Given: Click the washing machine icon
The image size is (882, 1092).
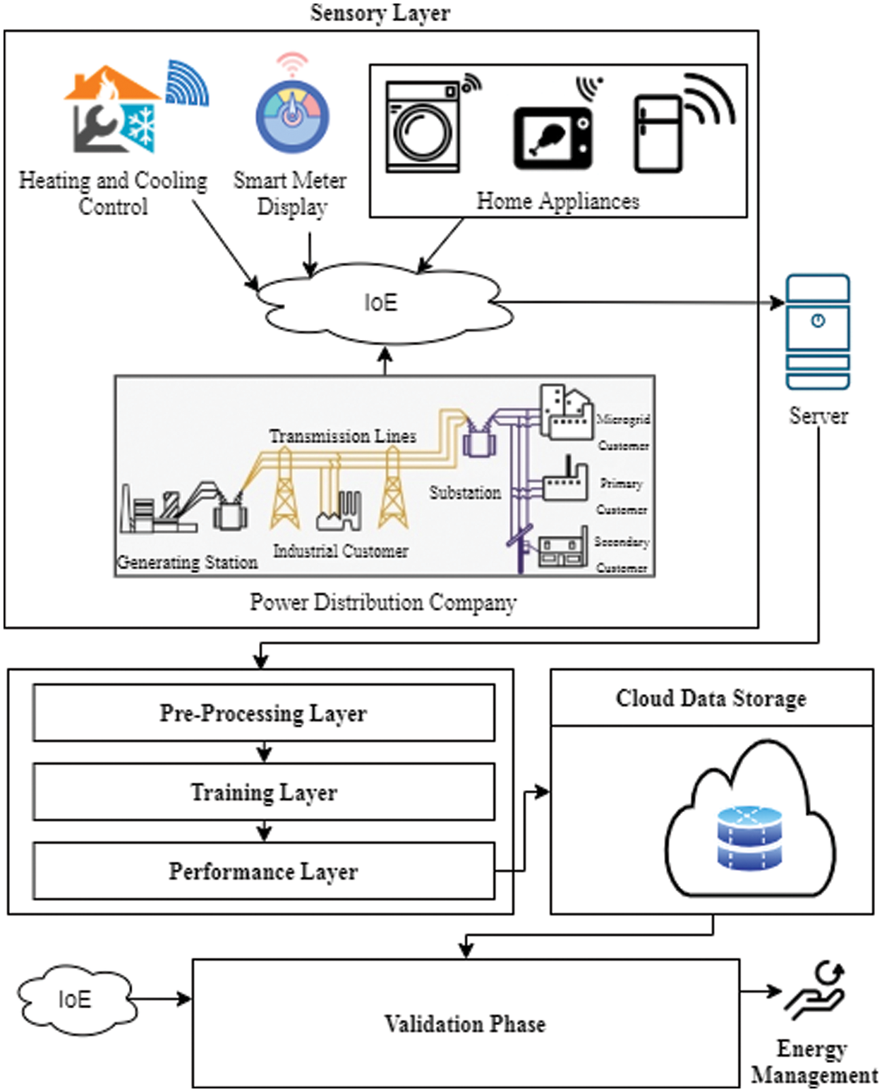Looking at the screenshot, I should coord(423,127).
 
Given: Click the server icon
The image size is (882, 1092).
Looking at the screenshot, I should coord(818,332).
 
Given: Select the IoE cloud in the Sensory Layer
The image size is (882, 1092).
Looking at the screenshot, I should coord(381,303).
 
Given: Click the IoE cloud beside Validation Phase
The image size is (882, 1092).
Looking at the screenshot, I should coord(75,1000).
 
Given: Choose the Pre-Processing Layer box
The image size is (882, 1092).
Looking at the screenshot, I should coord(263,712).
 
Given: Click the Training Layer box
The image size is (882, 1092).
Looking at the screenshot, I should coord(263,791).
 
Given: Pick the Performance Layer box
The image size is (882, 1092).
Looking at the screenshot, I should coord(263,871).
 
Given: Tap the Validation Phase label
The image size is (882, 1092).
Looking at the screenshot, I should coord(465,1024).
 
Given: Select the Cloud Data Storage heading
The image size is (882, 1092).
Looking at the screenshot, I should coord(711,698).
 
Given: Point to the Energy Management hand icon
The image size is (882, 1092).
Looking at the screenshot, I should coord(816,991).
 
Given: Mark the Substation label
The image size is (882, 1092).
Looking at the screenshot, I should coord(465,492).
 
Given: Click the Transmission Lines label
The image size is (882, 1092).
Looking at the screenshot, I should coord(342,436).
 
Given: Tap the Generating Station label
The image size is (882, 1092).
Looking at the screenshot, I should coord(187,562).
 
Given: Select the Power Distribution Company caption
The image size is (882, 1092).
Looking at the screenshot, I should coord(383,602).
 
